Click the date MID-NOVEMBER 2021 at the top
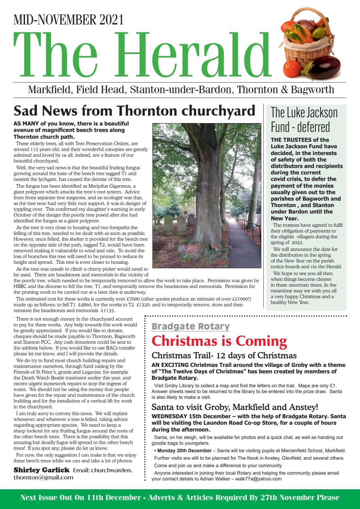point(68,21)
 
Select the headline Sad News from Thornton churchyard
point(134,111)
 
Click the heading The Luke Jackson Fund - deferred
point(304,119)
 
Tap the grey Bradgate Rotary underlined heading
point(191,327)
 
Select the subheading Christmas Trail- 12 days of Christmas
point(224,356)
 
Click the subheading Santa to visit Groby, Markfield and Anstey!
point(235,407)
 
